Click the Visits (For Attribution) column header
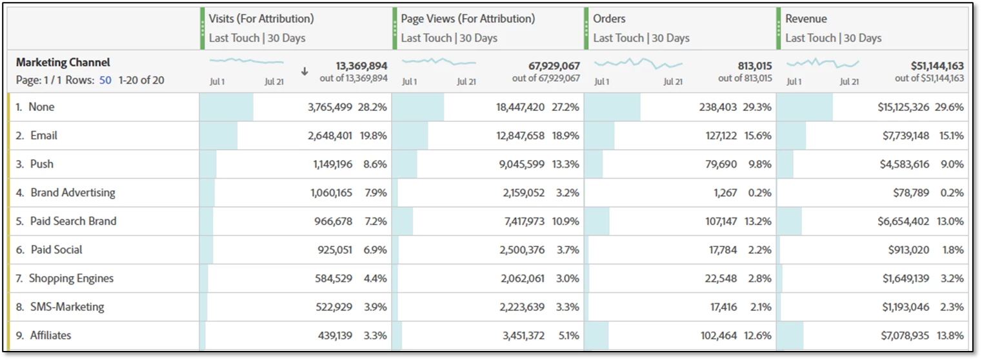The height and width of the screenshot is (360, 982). tap(261, 19)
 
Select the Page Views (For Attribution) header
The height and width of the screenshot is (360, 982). tap(468, 19)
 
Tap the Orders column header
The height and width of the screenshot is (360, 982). tap(609, 19)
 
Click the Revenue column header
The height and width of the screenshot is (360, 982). tap(806, 19)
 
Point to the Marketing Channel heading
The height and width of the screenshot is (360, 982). tap(63, 63)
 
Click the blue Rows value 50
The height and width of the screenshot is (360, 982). tap(105, 81)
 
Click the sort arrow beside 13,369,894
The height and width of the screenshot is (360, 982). tap(305, 72)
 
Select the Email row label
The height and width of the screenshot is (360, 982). tap(44, 135)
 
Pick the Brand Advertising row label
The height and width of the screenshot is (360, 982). tap(73, 192)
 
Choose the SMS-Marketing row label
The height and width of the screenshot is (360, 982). tap(67, 306)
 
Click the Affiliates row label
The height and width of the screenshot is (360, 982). tap(50, 335)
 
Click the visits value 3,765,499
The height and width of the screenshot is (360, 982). tap(330, 107)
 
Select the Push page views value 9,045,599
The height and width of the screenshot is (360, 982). tap(521, 164)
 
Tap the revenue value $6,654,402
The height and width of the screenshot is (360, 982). tap(903, 221)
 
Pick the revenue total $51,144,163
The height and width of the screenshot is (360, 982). tap(928, 66)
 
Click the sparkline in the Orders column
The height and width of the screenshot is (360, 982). tap(638, 63)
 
